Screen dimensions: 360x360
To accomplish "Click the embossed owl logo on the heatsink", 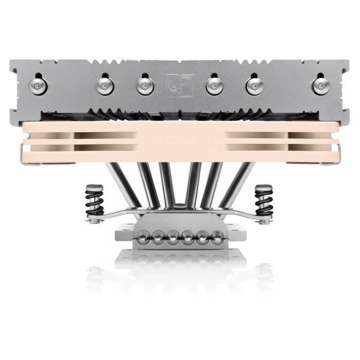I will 179,85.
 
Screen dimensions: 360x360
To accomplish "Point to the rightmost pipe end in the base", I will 218,237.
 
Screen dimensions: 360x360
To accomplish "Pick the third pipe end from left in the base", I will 173,237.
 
